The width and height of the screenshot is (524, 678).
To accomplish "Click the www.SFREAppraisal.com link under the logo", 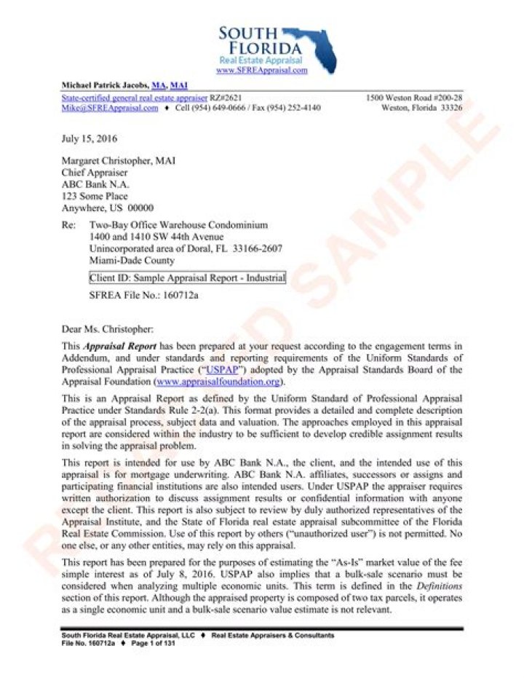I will (x=262, y=70).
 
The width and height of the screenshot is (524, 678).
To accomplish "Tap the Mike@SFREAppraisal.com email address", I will (x=110, y=108).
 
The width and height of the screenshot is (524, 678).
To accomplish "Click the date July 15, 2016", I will (x=90, y=138).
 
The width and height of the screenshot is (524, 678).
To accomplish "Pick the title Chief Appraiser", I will (x=94, y=173).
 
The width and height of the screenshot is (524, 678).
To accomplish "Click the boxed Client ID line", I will (x=187, y=277).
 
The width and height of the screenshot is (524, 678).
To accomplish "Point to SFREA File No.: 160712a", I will (x=143, y=296).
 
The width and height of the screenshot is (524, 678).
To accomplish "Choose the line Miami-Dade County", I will (x=131, y=260).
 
